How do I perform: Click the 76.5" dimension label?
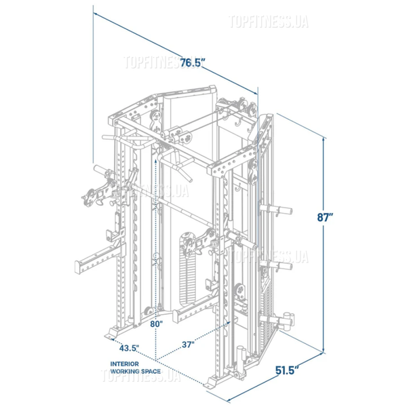pos(193,62)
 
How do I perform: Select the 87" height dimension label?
pos(325,217)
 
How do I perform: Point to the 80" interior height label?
pos(156,324)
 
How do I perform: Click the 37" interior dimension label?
pos(188,345)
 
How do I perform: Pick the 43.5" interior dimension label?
pos(129,348)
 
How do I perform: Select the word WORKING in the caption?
pos(123,372)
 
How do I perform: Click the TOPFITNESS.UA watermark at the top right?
pos(269,22)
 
